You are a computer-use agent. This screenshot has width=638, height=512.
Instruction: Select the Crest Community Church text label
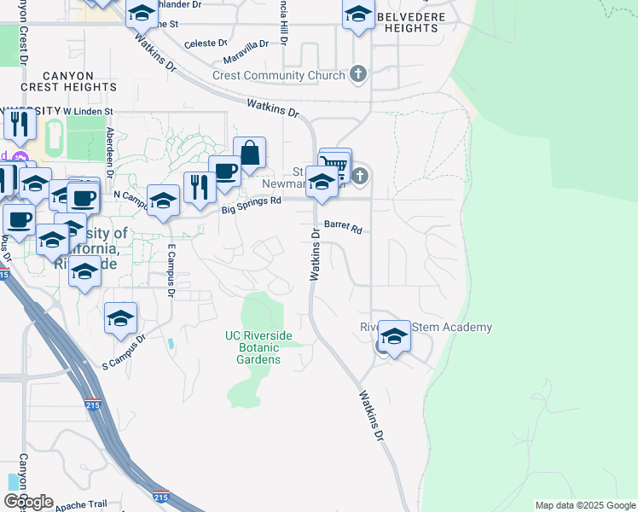279,75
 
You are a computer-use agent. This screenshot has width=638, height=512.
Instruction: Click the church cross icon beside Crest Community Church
358,75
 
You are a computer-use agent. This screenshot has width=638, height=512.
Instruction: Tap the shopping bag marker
249,154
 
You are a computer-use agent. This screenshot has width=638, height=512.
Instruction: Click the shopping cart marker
336,164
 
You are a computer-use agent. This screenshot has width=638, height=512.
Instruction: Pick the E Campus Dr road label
171,271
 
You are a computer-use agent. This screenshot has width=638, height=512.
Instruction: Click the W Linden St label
89,112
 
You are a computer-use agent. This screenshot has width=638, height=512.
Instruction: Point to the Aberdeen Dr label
110,148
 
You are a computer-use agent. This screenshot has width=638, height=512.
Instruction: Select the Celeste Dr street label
206,43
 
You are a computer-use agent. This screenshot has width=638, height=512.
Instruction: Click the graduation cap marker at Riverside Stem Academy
394,336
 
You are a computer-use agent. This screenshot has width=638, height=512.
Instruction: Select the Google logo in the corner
28,502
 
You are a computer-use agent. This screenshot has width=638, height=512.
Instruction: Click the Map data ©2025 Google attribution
584,505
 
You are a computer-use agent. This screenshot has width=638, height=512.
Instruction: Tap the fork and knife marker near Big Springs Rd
200,187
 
